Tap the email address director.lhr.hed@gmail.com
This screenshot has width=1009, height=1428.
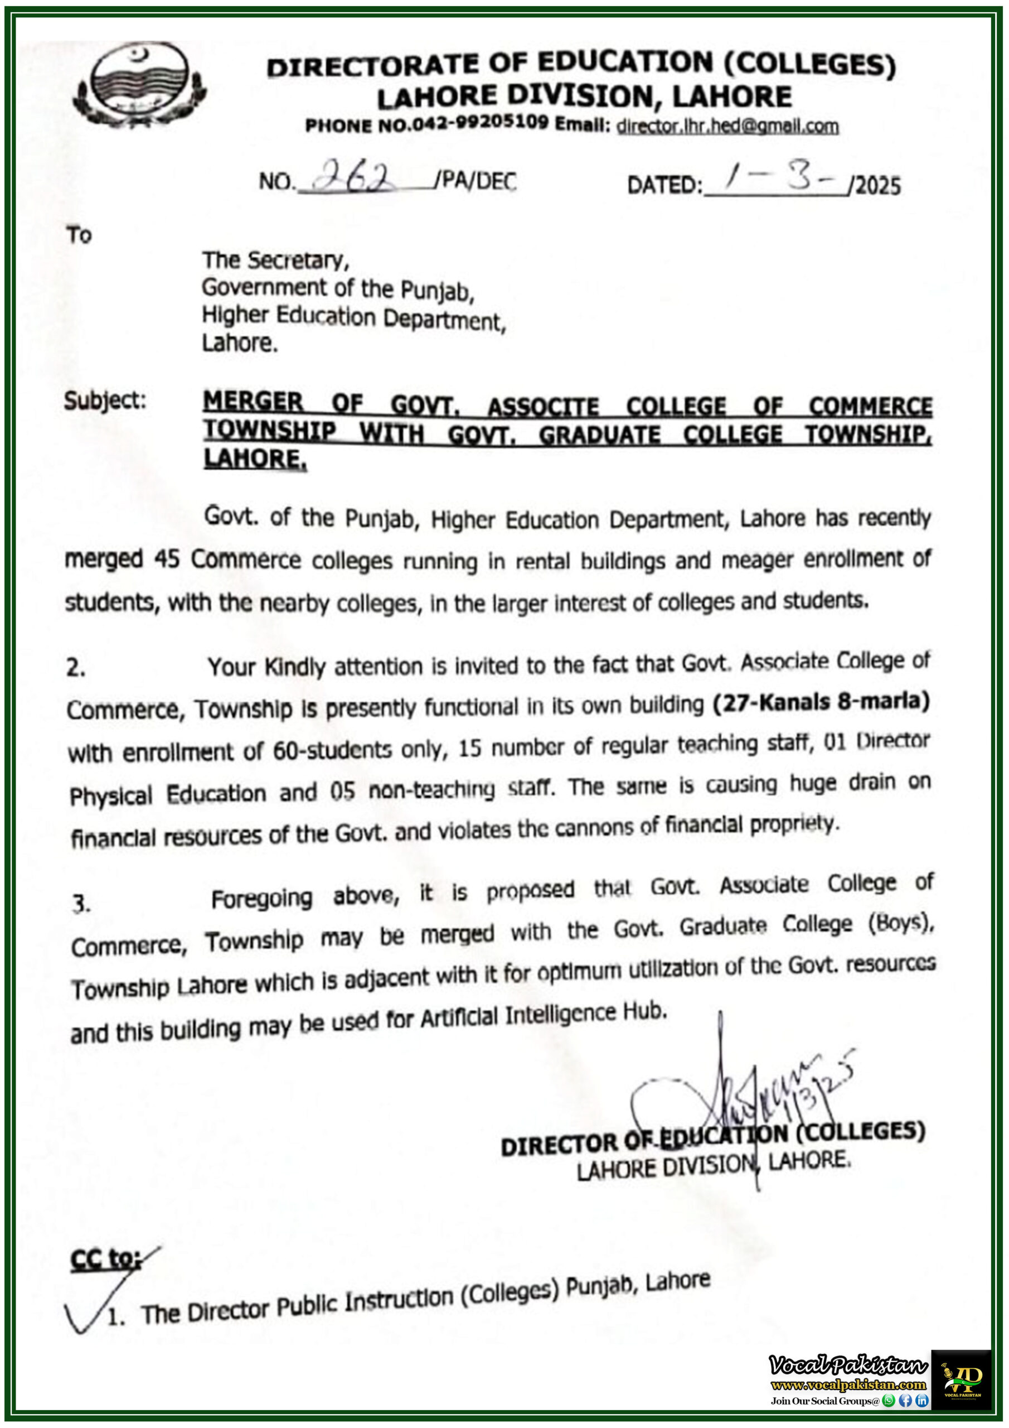[727, 126]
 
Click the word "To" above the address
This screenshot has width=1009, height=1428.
[79, 235]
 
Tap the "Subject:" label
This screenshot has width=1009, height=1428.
[104, 401]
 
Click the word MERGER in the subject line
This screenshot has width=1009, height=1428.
[253, 402]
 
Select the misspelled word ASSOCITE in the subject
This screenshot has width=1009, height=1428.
[543, 407]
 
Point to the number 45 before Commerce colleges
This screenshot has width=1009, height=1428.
[167, 558]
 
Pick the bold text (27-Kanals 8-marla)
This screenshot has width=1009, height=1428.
[821, 702]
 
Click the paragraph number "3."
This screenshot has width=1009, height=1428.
[81, 904]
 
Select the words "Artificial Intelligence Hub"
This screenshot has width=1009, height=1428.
[544, 1016]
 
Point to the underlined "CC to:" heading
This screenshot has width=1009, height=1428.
[106, 1259]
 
